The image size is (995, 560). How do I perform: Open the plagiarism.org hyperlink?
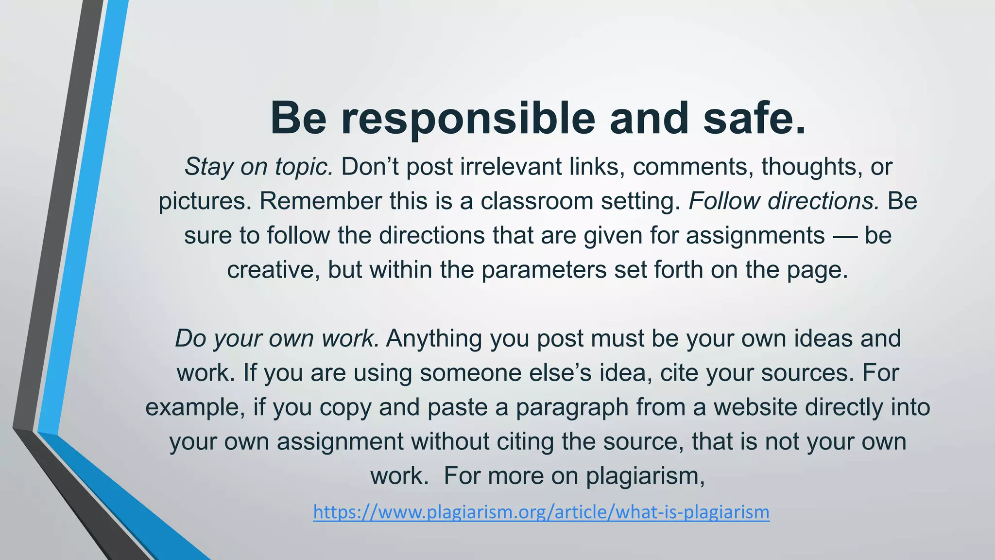pos(541,512)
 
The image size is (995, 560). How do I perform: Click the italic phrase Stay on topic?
pos(258,167)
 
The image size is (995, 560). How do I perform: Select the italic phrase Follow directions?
pos(784,201)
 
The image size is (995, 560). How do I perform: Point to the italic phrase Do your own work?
pos(277,338)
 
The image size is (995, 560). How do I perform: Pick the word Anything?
pos(434,338)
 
